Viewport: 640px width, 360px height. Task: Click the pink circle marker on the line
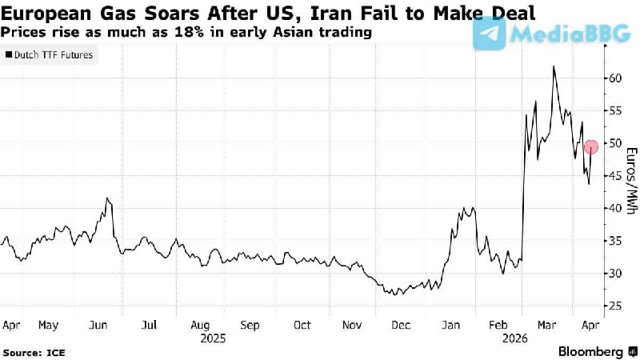[x=591, y=146]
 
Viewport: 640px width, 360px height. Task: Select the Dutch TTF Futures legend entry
[x=49, y=55]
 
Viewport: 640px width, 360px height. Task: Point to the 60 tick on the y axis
[x=613, y=78]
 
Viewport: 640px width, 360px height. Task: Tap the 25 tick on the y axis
[x=613, y=306]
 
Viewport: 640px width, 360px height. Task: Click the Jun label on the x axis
[x=99, y=326]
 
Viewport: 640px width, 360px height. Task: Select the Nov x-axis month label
[x=353, y=326]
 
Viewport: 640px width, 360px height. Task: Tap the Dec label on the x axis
[x=402, y=326]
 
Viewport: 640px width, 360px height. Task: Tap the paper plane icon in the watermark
[x=490, y=34]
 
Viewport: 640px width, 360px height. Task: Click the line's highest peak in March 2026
[x=554, y=66]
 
